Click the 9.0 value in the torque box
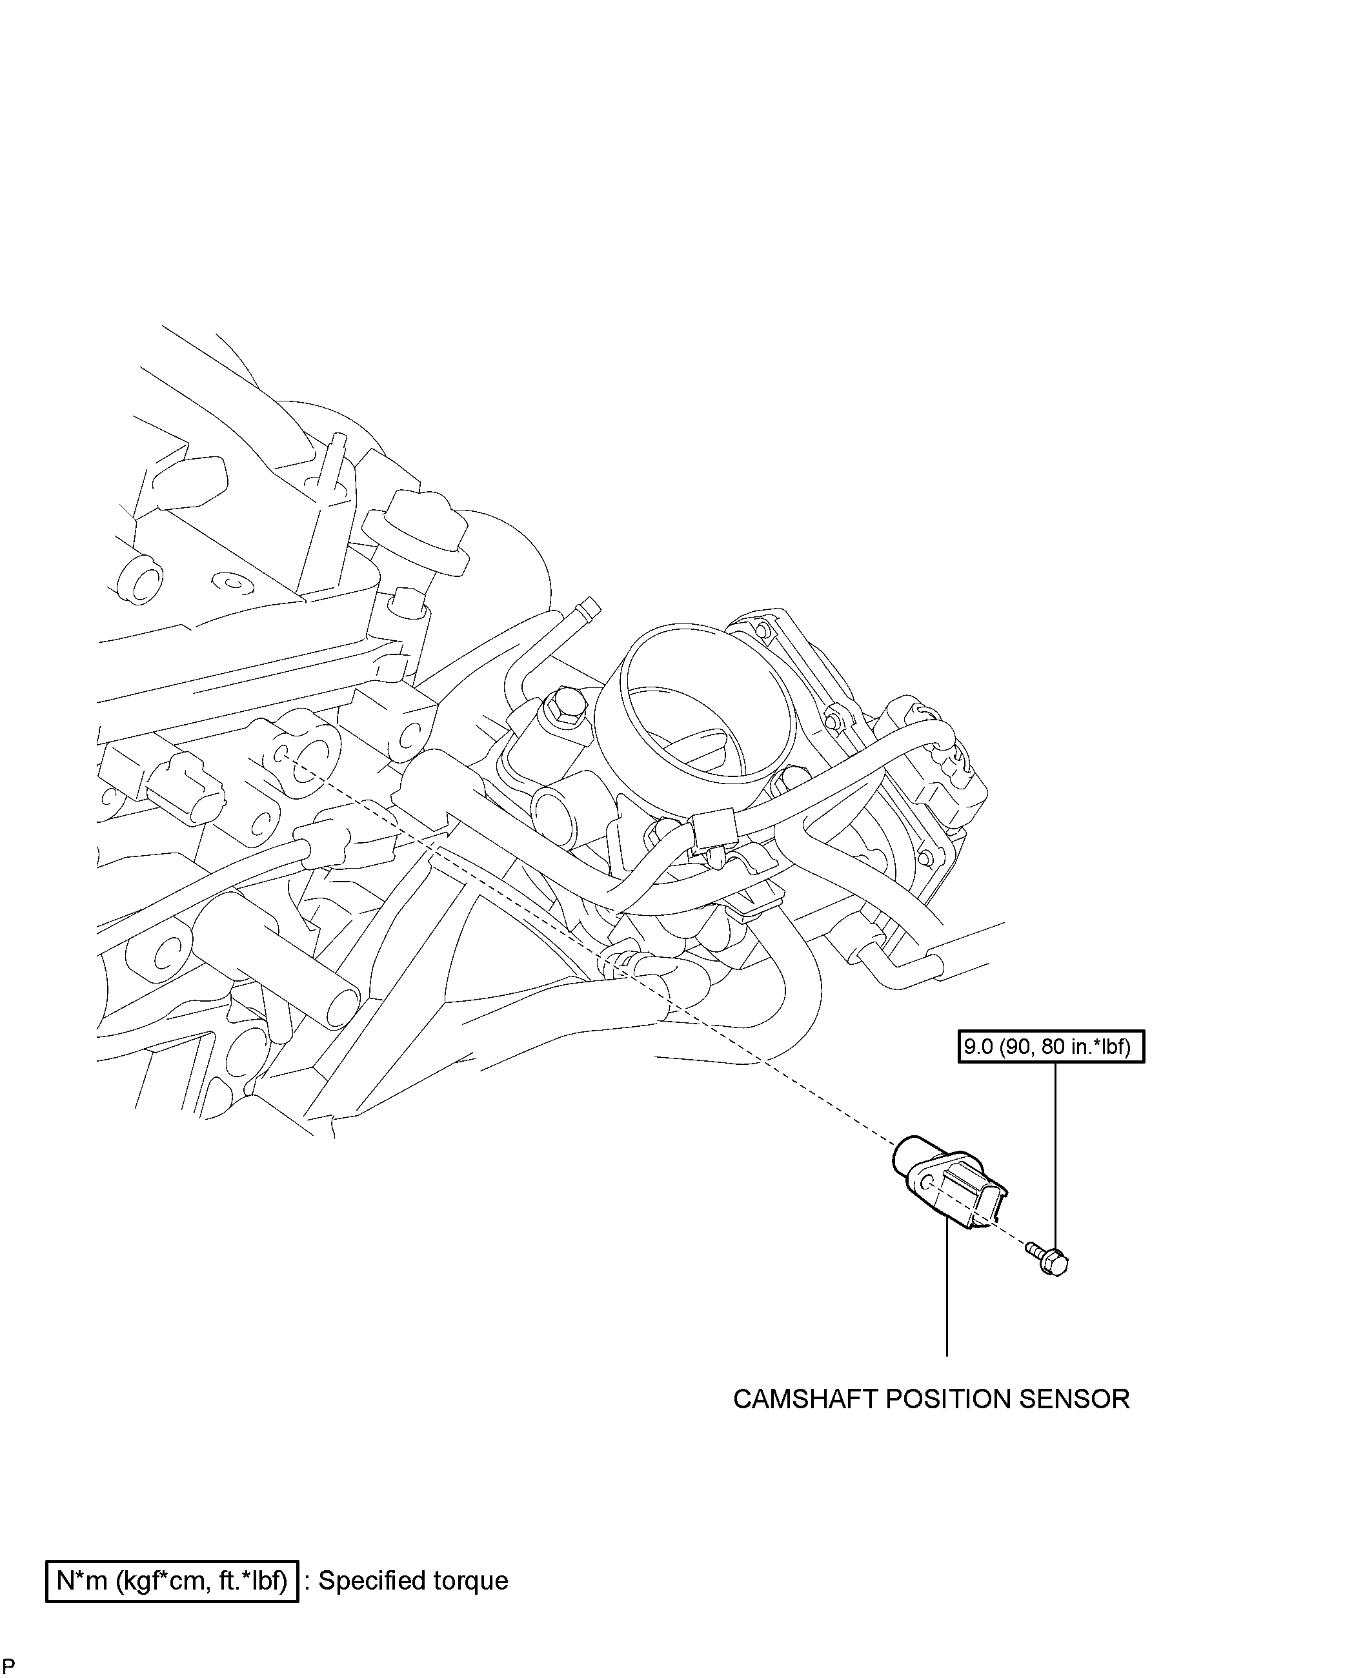pos(979,1047)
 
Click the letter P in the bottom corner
pos(10,1664)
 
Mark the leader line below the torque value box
pos(1055,1154)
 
